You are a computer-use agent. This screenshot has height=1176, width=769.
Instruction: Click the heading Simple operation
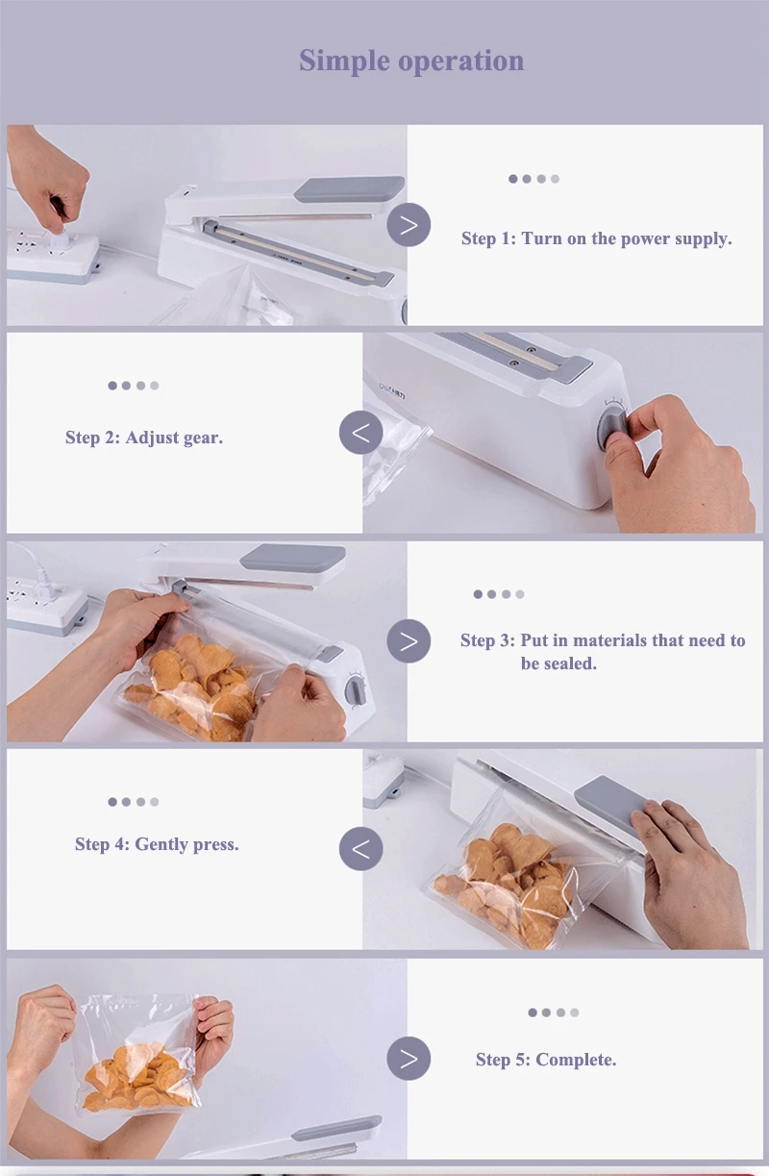pyautogui.click(x=411, y=61)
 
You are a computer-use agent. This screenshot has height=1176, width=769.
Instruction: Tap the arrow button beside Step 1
pyautogui.click(x=409, y=225)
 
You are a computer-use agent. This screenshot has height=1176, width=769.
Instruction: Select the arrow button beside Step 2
pyautogui.click(x=361, y=433)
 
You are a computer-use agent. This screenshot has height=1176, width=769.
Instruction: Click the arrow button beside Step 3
pyautogui.click(x=409, y=641)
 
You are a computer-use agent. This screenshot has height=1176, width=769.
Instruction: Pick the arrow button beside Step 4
pyautogui.click(x=361, y=849)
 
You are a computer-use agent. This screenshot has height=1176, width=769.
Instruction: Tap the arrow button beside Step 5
pyautogui.click(x=409, y=1059)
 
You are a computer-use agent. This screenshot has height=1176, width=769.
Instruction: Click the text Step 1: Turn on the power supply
pyautogui.click(x=596, y=238)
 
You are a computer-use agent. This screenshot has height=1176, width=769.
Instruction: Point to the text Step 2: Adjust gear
pyautogui.click(x=144, y=438)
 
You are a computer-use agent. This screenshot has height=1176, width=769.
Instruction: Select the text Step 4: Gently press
pyautogui.click(x=157, y=844)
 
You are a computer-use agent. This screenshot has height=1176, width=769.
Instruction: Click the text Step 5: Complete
pyautogui.click(x=546, y=1060)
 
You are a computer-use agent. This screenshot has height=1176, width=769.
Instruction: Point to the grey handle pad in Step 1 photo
pyautogui.click(x=349, y=188)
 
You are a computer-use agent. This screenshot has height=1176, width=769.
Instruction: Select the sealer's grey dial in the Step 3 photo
pyautogui.click(x=356, y=691)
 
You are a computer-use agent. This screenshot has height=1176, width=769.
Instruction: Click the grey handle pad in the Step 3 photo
pyautogui.click(x=293, y=558)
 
